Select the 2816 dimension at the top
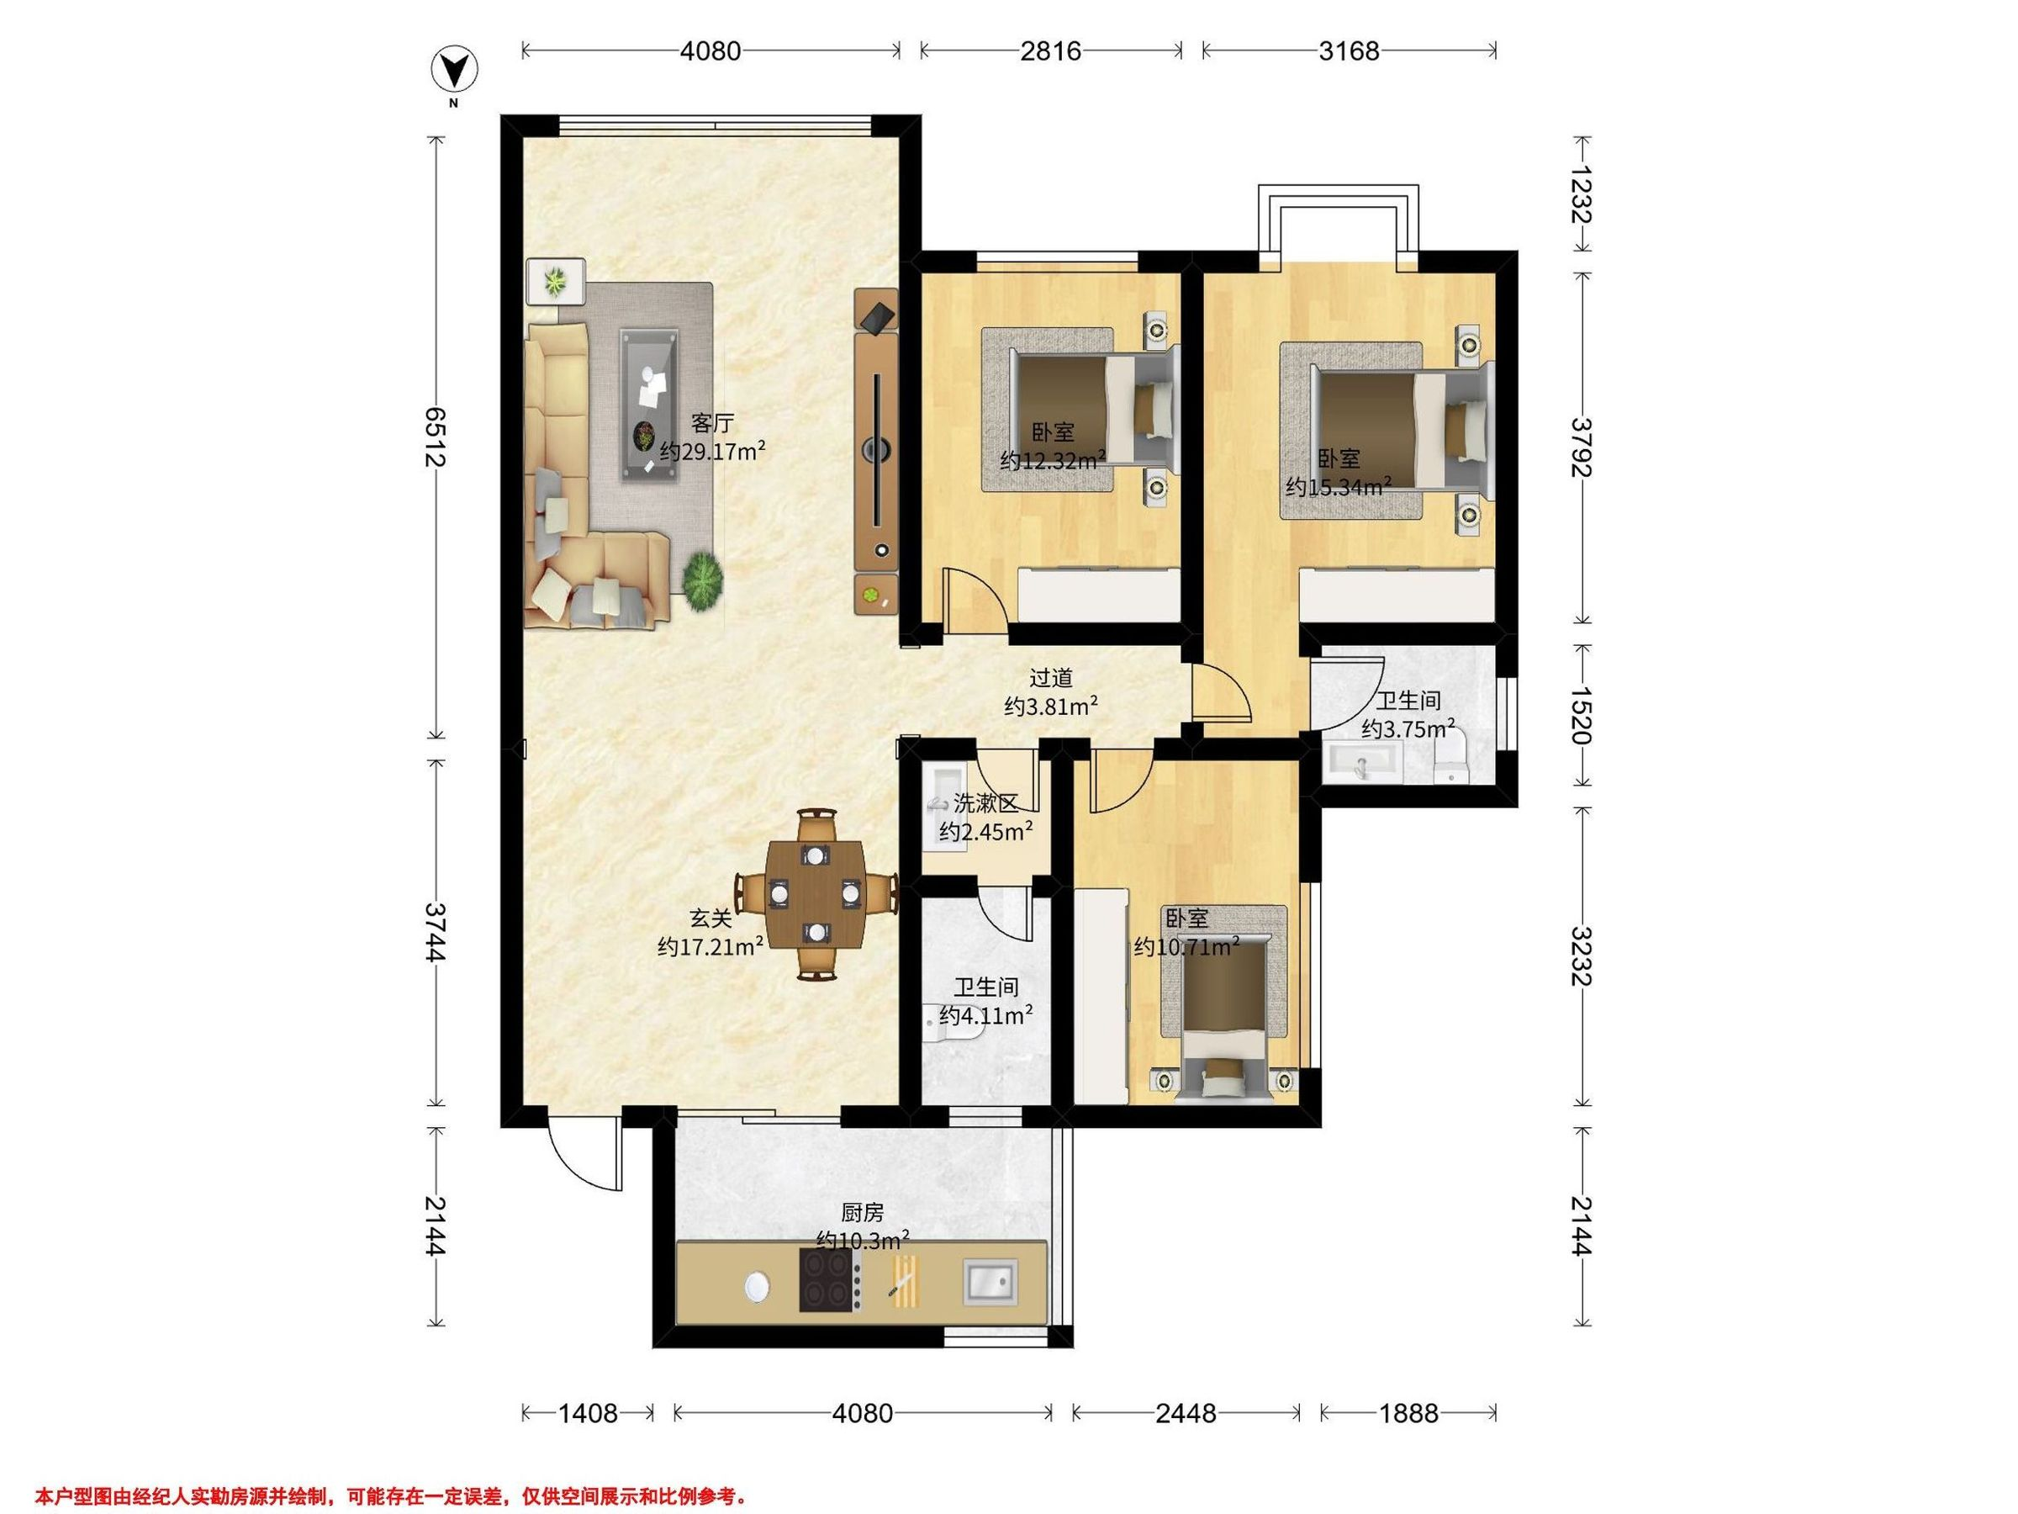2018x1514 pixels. tap(1051, 50)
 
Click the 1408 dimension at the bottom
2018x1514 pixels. tap(588, 1414)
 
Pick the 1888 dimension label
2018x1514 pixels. tap(1408, 1414)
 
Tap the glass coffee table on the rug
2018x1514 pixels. tap(651, 405)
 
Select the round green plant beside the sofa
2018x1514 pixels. tap(702, 580)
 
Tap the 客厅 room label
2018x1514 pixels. tap(712, 423)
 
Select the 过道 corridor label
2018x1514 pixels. tap(1050, 678)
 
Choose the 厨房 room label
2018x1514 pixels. tap(862, 1212)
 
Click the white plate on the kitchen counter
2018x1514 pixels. tap(756, 1287)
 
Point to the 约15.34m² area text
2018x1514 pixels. tap(1339, 485)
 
